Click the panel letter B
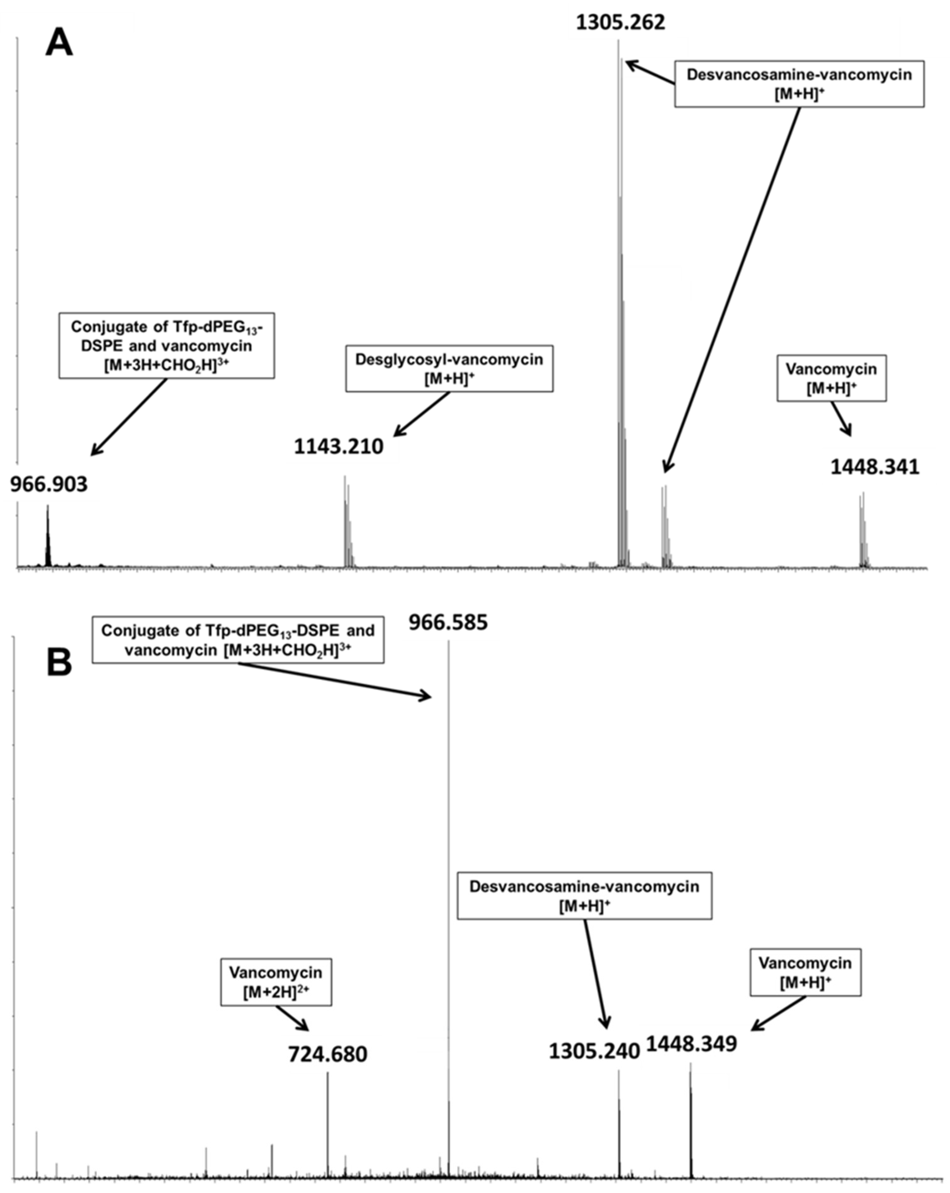click(59, 662)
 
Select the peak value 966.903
click(49, 484)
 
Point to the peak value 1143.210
click(338, 446)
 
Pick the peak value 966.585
click(448, 622)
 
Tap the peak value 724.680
click(328, 1054)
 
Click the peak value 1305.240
click(594, 1051)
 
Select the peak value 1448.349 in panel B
click(692, 1044)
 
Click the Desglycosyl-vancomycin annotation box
click(449, 368)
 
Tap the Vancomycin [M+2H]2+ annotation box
click(276, 982)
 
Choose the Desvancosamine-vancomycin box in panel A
click(799, 83)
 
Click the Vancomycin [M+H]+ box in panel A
click(831, 378)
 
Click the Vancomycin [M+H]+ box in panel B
click(805, 972)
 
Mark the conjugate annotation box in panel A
click(167, 345)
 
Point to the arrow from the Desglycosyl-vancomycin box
click(421, 414)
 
